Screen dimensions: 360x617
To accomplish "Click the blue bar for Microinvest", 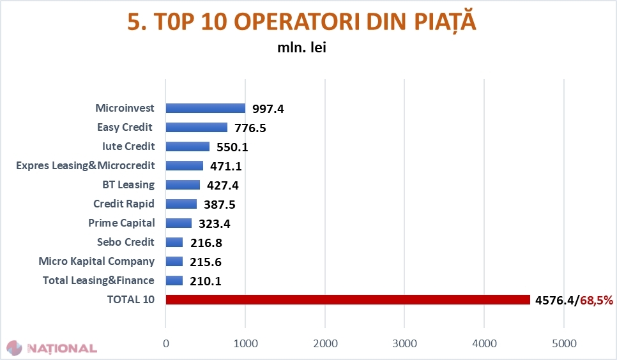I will (205, 109).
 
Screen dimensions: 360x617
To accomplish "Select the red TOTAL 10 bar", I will (347, 300).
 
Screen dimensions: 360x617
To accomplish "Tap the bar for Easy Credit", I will (196, 128).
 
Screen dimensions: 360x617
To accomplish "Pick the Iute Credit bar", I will (187, 147).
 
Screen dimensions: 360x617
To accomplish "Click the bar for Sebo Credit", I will (174, 243).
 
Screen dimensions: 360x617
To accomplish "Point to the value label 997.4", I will (268, 109).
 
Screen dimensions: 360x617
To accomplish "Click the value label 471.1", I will (226, 167).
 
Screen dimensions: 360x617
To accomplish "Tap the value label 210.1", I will (206, 281).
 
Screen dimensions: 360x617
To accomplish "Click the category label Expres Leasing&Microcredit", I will (85, 166).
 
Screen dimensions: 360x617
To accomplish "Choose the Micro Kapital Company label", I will (96, 262).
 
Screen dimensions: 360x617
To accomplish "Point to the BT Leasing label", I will (128, 185).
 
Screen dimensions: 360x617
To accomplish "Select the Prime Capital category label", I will (121, 223).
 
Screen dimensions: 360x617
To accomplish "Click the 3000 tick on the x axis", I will (404, 343).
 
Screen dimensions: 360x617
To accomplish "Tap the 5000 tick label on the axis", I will (564, 343).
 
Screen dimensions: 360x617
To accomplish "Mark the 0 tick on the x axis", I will (166, 343).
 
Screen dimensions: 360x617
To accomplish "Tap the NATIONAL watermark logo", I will (52, 349).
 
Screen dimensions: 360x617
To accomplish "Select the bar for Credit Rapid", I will (181, 204).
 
